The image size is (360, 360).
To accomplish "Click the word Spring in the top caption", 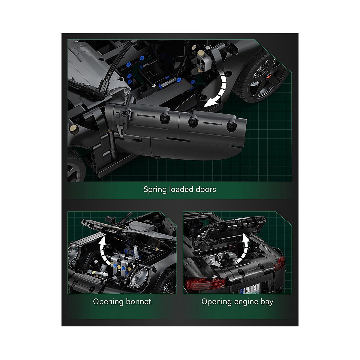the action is click(x=155, y=190).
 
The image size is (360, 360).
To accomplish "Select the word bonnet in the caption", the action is click(x=139, y=301).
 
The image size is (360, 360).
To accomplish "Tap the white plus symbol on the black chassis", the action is click(x=154, y=86).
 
